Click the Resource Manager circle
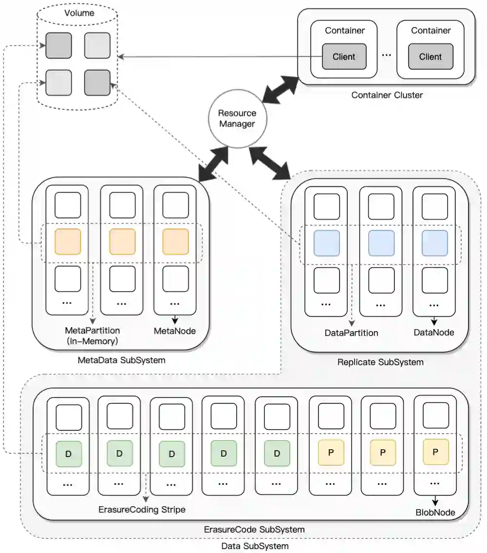pos(237,118)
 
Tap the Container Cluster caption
pos(387,95)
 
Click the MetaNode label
pos(175,331)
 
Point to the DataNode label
pos(433,332)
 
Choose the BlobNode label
pos(435,512)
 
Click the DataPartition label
pos(351,333)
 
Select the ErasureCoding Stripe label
pos(142,510)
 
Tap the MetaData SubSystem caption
pos(121,361)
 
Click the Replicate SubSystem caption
pos(380,362)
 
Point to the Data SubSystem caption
pos(255,546)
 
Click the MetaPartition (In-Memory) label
pos(92,335)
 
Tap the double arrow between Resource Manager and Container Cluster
pos(280,90)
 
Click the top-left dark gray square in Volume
pos(58,46)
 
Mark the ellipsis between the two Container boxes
pos(386,55)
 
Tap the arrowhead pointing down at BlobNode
pos(435,502)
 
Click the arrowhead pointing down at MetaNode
pos(175,321)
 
